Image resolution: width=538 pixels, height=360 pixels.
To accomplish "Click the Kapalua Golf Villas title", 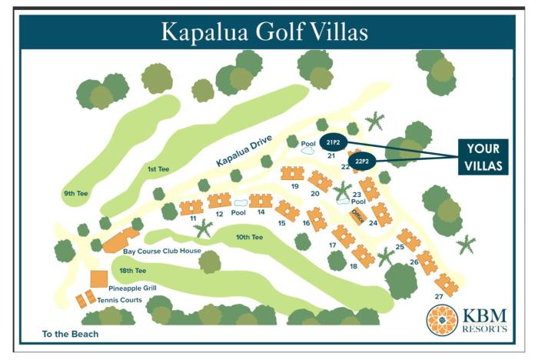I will click(264, 32).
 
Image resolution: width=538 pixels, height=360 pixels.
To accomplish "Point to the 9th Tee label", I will click(77, 193).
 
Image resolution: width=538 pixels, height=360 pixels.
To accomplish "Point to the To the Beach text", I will click(71, 335).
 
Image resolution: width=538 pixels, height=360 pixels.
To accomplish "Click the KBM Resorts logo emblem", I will click(444, 319).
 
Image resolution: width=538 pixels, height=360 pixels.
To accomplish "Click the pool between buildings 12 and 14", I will click(240, 203).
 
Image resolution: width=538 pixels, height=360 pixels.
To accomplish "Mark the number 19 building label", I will click(294, 186).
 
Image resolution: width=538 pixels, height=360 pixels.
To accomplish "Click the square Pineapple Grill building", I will click(98, 278).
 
